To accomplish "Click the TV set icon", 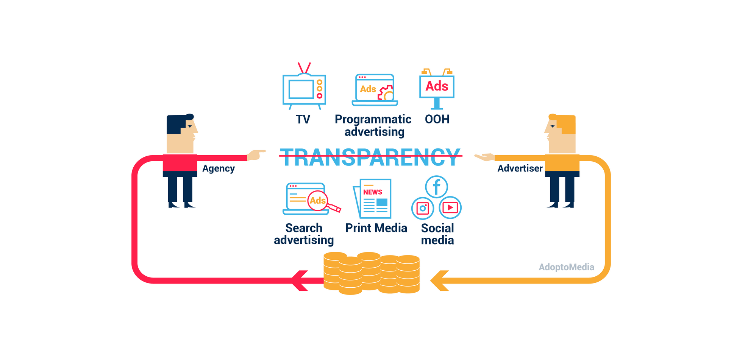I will tap(304, 89).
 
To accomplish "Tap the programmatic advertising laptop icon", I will tap(375, 90).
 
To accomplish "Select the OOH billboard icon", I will tap(437, 88).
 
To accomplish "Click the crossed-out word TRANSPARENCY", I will tap(370, 157).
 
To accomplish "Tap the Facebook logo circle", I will tap(436, 187).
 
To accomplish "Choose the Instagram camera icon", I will tap(423, 208).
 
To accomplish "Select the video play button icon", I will tap(450, 207).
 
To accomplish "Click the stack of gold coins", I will tap(372, 273).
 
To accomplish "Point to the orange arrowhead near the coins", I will tap(440, 281).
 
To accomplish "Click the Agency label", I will tap(219, 168).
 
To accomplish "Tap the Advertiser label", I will tap(520, 168).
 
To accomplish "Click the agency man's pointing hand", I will tap(256, 155).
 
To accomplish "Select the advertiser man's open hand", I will tap(485, 157).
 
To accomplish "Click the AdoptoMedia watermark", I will tap(566, 267).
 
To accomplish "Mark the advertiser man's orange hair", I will tap(567, 123).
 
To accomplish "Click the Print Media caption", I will tap(376, 228).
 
